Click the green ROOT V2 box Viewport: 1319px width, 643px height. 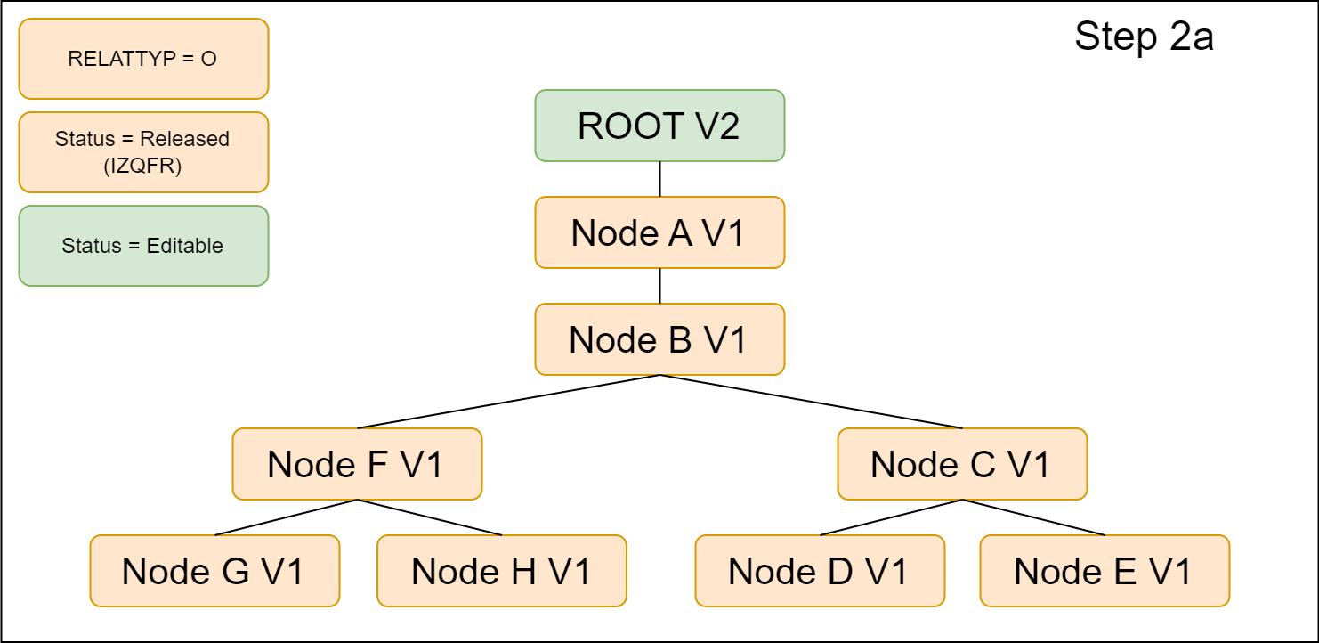(659, 126)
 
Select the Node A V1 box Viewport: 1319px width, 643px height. (659, 232)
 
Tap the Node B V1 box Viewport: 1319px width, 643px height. (659, 339)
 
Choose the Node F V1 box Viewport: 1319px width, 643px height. (357, 464)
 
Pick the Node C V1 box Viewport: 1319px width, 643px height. (962, 464)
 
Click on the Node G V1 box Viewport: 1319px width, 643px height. (214, 571)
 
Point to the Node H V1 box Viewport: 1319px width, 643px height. (502, 571)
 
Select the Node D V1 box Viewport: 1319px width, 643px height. (820, 571)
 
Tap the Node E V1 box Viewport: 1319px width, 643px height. (1105, 571)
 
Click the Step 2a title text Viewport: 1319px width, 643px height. (1144, 37)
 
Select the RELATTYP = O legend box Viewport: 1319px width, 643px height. (143, 59)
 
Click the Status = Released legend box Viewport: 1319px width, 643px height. (143, 152)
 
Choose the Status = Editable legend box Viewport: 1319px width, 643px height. (143, 246)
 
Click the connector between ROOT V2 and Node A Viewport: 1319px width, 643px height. (659, 179)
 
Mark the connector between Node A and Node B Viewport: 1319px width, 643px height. (659, 286)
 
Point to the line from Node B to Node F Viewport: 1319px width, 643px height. (508, 402)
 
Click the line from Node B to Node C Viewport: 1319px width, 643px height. (811, 402)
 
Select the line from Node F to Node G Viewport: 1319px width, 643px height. (286, 517)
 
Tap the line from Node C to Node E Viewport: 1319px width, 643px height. (1033, 517)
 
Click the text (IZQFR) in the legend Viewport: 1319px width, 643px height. (142, 165)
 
